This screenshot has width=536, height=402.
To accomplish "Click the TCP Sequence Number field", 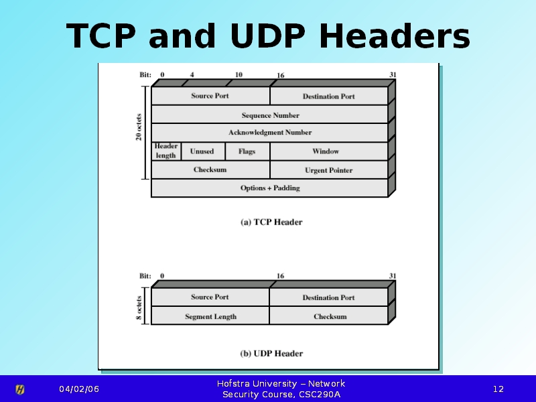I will [270, 115].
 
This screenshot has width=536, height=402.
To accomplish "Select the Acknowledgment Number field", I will [270, 133].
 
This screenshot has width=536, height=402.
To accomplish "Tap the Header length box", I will [166, 151].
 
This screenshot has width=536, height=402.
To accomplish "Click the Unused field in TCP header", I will [202, 151].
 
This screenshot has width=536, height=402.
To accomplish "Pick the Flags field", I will [247, 151].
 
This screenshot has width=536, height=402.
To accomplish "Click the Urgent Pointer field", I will [328, 170].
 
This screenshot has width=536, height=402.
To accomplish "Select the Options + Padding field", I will [270, 188].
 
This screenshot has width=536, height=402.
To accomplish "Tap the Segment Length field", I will [210, 316].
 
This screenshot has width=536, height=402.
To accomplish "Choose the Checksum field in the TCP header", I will [210, 170].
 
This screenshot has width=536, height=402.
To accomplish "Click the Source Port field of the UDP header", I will [210, 297].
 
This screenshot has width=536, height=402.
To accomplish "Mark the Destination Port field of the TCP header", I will [328, 96].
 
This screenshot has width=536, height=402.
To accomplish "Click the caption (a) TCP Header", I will [271, 222].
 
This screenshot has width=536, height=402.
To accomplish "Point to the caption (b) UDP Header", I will [271, 354].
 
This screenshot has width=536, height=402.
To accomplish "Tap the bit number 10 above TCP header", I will [239, 74].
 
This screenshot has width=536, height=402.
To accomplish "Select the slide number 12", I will [498, 389].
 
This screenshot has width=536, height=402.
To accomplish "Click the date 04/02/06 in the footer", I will [78, 389].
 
